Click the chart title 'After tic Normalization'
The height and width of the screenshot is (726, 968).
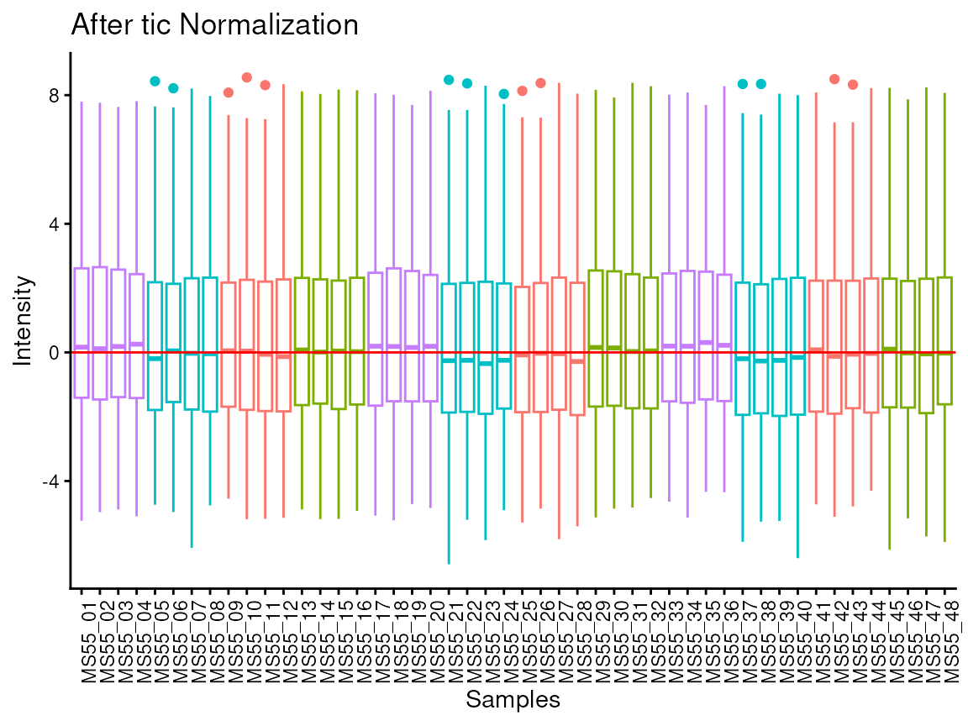[x=215, y=25]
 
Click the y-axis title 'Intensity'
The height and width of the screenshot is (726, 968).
[x=25, y=320]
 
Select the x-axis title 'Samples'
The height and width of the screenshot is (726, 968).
[x=513, y=699]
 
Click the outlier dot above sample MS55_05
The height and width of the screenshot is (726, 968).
[x=155, y=82]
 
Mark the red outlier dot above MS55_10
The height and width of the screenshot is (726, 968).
[x=247, y=77]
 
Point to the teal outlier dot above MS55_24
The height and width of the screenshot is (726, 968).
[x=504, y=94]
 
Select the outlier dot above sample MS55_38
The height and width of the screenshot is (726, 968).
[x=761, y=84]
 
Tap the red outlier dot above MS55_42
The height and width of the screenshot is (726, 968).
[x=834, y=79]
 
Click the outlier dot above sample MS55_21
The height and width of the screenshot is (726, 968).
[x=449, y=80]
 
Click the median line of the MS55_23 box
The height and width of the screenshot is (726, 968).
[x=486, y=363]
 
